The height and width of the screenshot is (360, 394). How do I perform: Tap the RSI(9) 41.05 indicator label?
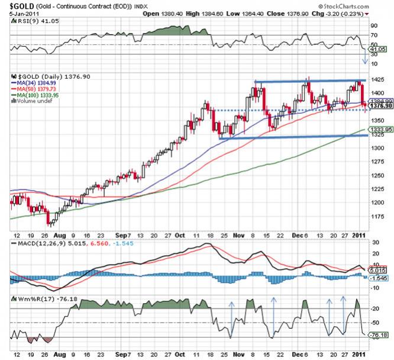click(x=30, y=20)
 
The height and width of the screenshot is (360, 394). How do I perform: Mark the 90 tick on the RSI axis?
click(x=373, y=26)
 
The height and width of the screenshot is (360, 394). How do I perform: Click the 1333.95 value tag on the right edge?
click(x=377, y=129)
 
